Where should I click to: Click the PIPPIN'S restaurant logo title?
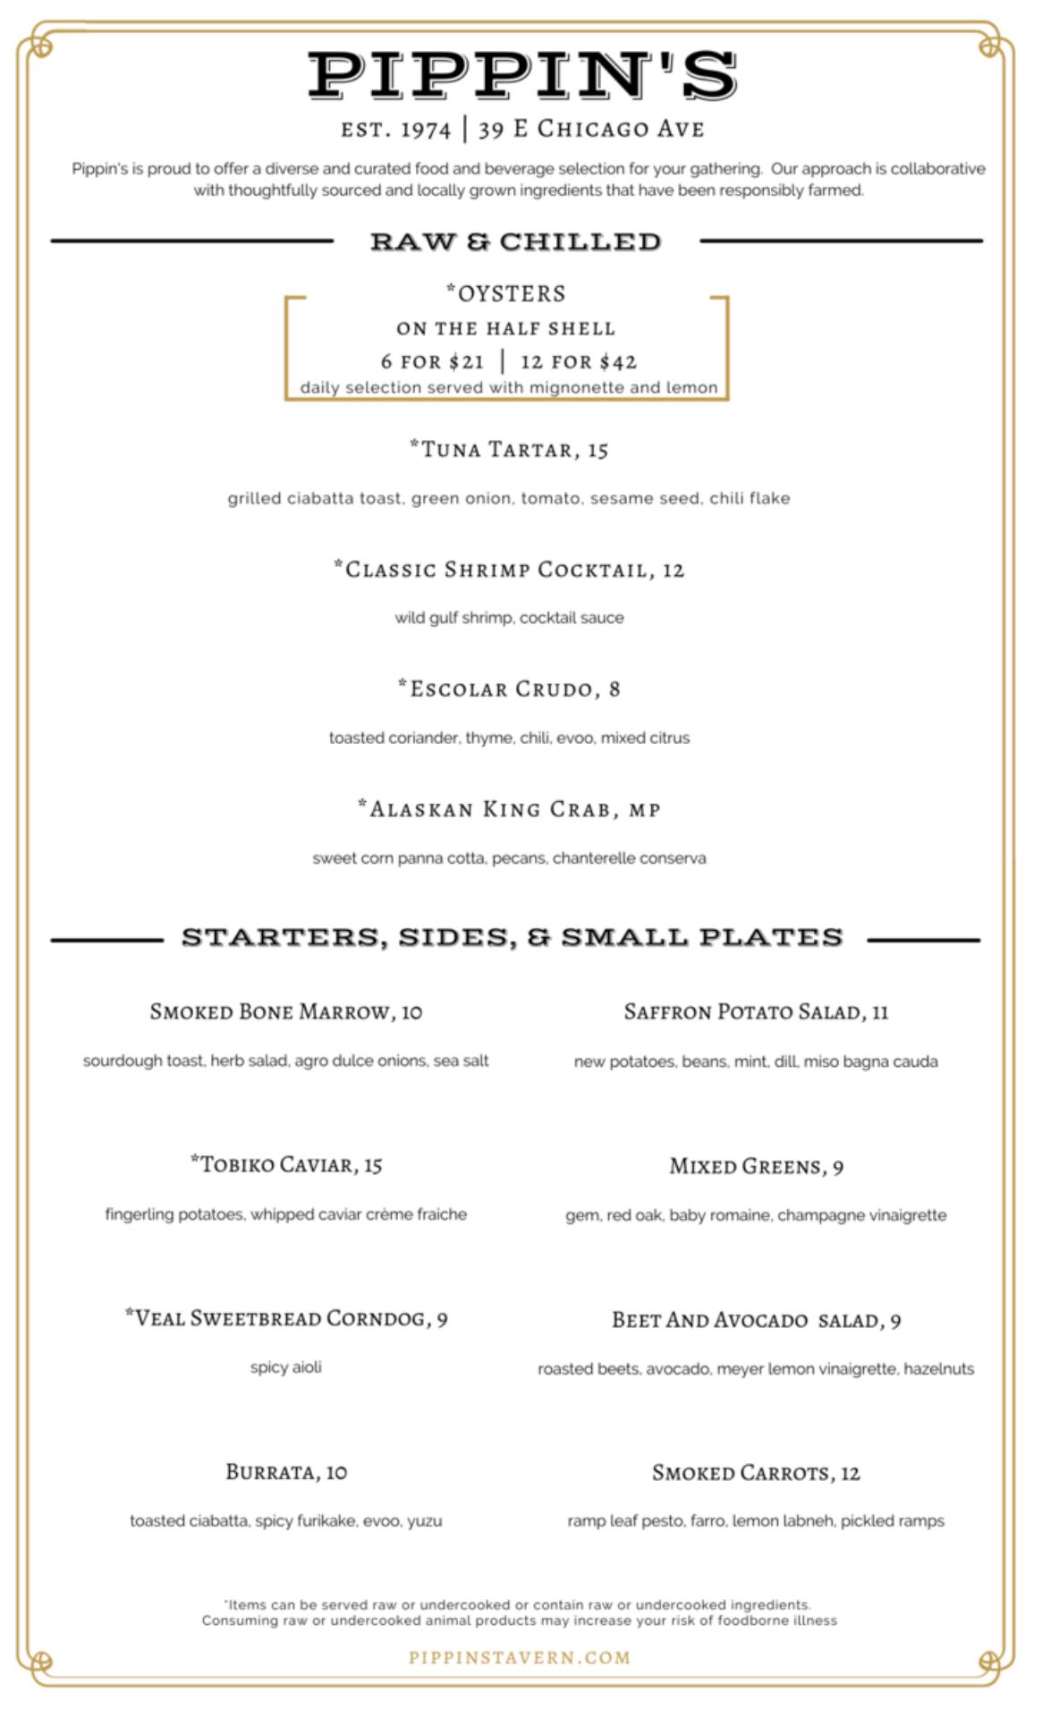coord(521,75)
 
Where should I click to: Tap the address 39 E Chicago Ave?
coord(591,130)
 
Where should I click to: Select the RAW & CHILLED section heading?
coord(516,241)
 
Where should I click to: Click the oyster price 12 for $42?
coord(579,362)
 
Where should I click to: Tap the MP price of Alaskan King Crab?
coord(644,810)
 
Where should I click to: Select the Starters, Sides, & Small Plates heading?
coord(512,937)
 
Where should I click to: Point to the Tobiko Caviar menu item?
coord(275,1164)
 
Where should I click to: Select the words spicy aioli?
coord(286,1367)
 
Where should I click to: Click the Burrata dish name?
coord(273,1472)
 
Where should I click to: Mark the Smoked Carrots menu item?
coord(744,1473)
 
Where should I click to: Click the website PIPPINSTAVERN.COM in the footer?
coord(520,1657)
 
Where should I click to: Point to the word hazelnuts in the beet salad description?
coord(938,1369)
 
